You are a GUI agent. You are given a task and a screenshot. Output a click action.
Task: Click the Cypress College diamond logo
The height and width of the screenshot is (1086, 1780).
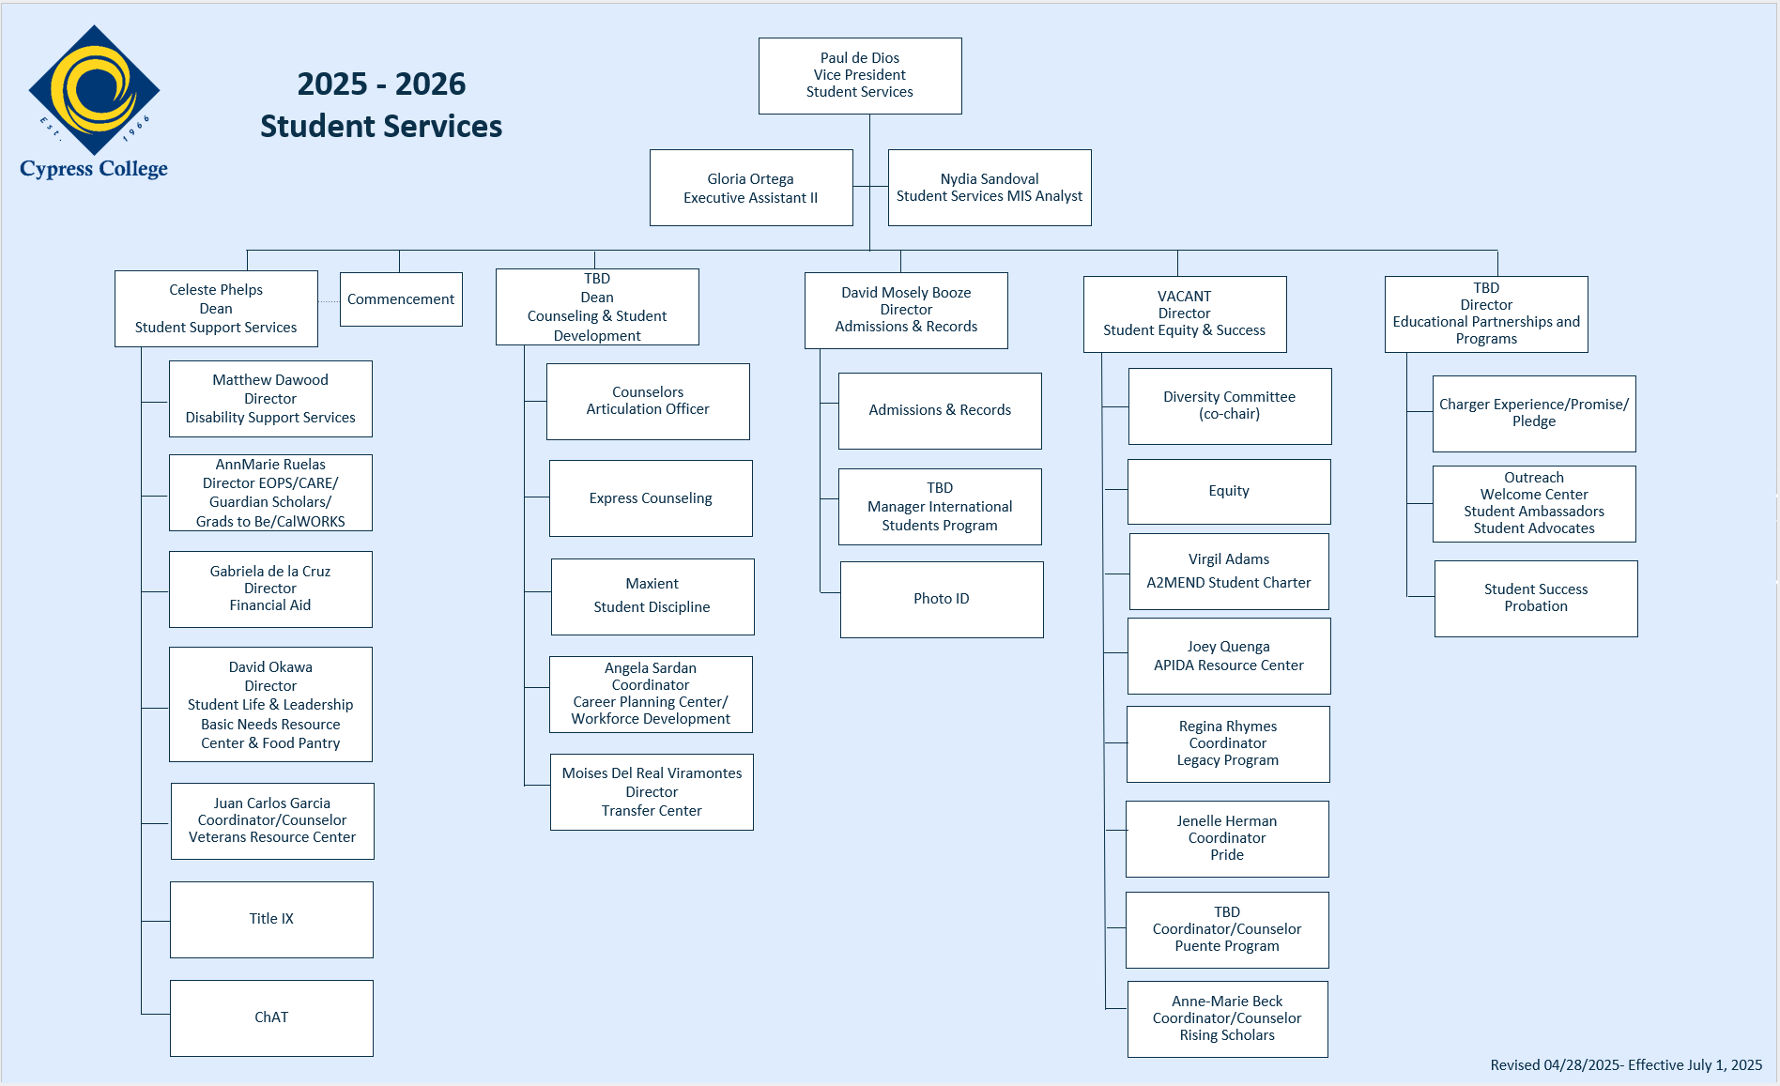[x=94, y=90]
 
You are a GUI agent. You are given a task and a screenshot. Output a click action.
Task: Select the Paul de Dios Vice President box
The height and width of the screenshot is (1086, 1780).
[x=860, y=75]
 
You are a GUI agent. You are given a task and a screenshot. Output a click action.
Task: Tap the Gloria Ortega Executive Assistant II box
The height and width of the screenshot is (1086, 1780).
[x=751, y=188]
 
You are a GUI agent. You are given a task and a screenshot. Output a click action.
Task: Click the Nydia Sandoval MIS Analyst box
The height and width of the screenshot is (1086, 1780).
[x=990, y=188]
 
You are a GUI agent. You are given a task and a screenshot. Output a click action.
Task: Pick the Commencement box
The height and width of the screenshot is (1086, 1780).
[x=401, y=299]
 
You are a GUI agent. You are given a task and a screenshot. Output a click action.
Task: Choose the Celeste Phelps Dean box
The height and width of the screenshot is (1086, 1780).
[x=216, y=309]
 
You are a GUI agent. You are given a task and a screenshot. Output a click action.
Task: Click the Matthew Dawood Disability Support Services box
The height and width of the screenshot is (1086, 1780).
[x=270, y=399]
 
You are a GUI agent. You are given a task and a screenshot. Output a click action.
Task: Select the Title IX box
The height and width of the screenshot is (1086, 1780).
[x=271, y=920]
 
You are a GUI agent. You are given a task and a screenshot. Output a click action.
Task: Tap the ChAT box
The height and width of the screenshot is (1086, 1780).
[x=271, y=1018]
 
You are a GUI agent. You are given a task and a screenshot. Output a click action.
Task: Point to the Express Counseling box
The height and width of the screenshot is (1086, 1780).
[x=651, y=498]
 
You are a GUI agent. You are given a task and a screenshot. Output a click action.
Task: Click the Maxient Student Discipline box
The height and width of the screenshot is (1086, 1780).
[x=652, y=597]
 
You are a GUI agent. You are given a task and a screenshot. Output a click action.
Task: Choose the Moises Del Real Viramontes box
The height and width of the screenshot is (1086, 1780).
[x=652, y=792]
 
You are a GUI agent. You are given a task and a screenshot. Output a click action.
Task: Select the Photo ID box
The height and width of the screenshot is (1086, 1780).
[x=942, y=600]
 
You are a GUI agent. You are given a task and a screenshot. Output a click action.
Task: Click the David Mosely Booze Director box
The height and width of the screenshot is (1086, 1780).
[x=906, y=311]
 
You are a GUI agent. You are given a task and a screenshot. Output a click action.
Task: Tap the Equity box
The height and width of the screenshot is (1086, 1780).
[x=1229, y=492]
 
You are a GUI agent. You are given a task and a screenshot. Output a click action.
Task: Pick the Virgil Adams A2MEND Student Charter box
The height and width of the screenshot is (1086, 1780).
[x=1229, y=572]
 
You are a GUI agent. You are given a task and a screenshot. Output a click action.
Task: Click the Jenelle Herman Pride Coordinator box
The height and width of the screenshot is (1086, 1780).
[x=1227, y=839]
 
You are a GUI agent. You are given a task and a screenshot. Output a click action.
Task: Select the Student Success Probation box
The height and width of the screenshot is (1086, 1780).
[x=1536, y=599]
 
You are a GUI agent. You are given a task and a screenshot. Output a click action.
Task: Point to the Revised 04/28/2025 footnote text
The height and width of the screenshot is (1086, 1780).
[x=1626, y=1065]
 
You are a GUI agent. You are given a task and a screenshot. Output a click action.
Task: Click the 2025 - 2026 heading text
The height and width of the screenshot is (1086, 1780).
[x=381, y=84]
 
